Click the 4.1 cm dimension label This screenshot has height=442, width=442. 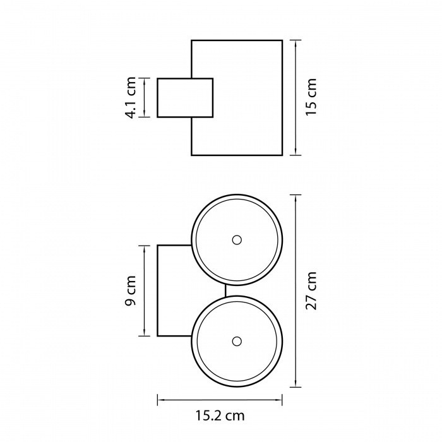[x=131, y=97]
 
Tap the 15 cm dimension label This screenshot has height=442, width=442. [x=311, y=97]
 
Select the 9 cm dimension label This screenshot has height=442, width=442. [x=131, y=290]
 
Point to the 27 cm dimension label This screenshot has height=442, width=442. [x=311, y=290]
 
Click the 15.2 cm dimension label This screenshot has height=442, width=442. [x=220, y=415]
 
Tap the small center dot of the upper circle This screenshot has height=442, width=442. [x=237, y=240]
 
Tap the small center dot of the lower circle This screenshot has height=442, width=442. [x=237, y=342]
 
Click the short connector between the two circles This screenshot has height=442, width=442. [x=225, y=290]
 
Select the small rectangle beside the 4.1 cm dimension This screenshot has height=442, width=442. [x=185, y=98]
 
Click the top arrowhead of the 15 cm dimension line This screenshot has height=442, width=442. [x=296, y=44]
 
